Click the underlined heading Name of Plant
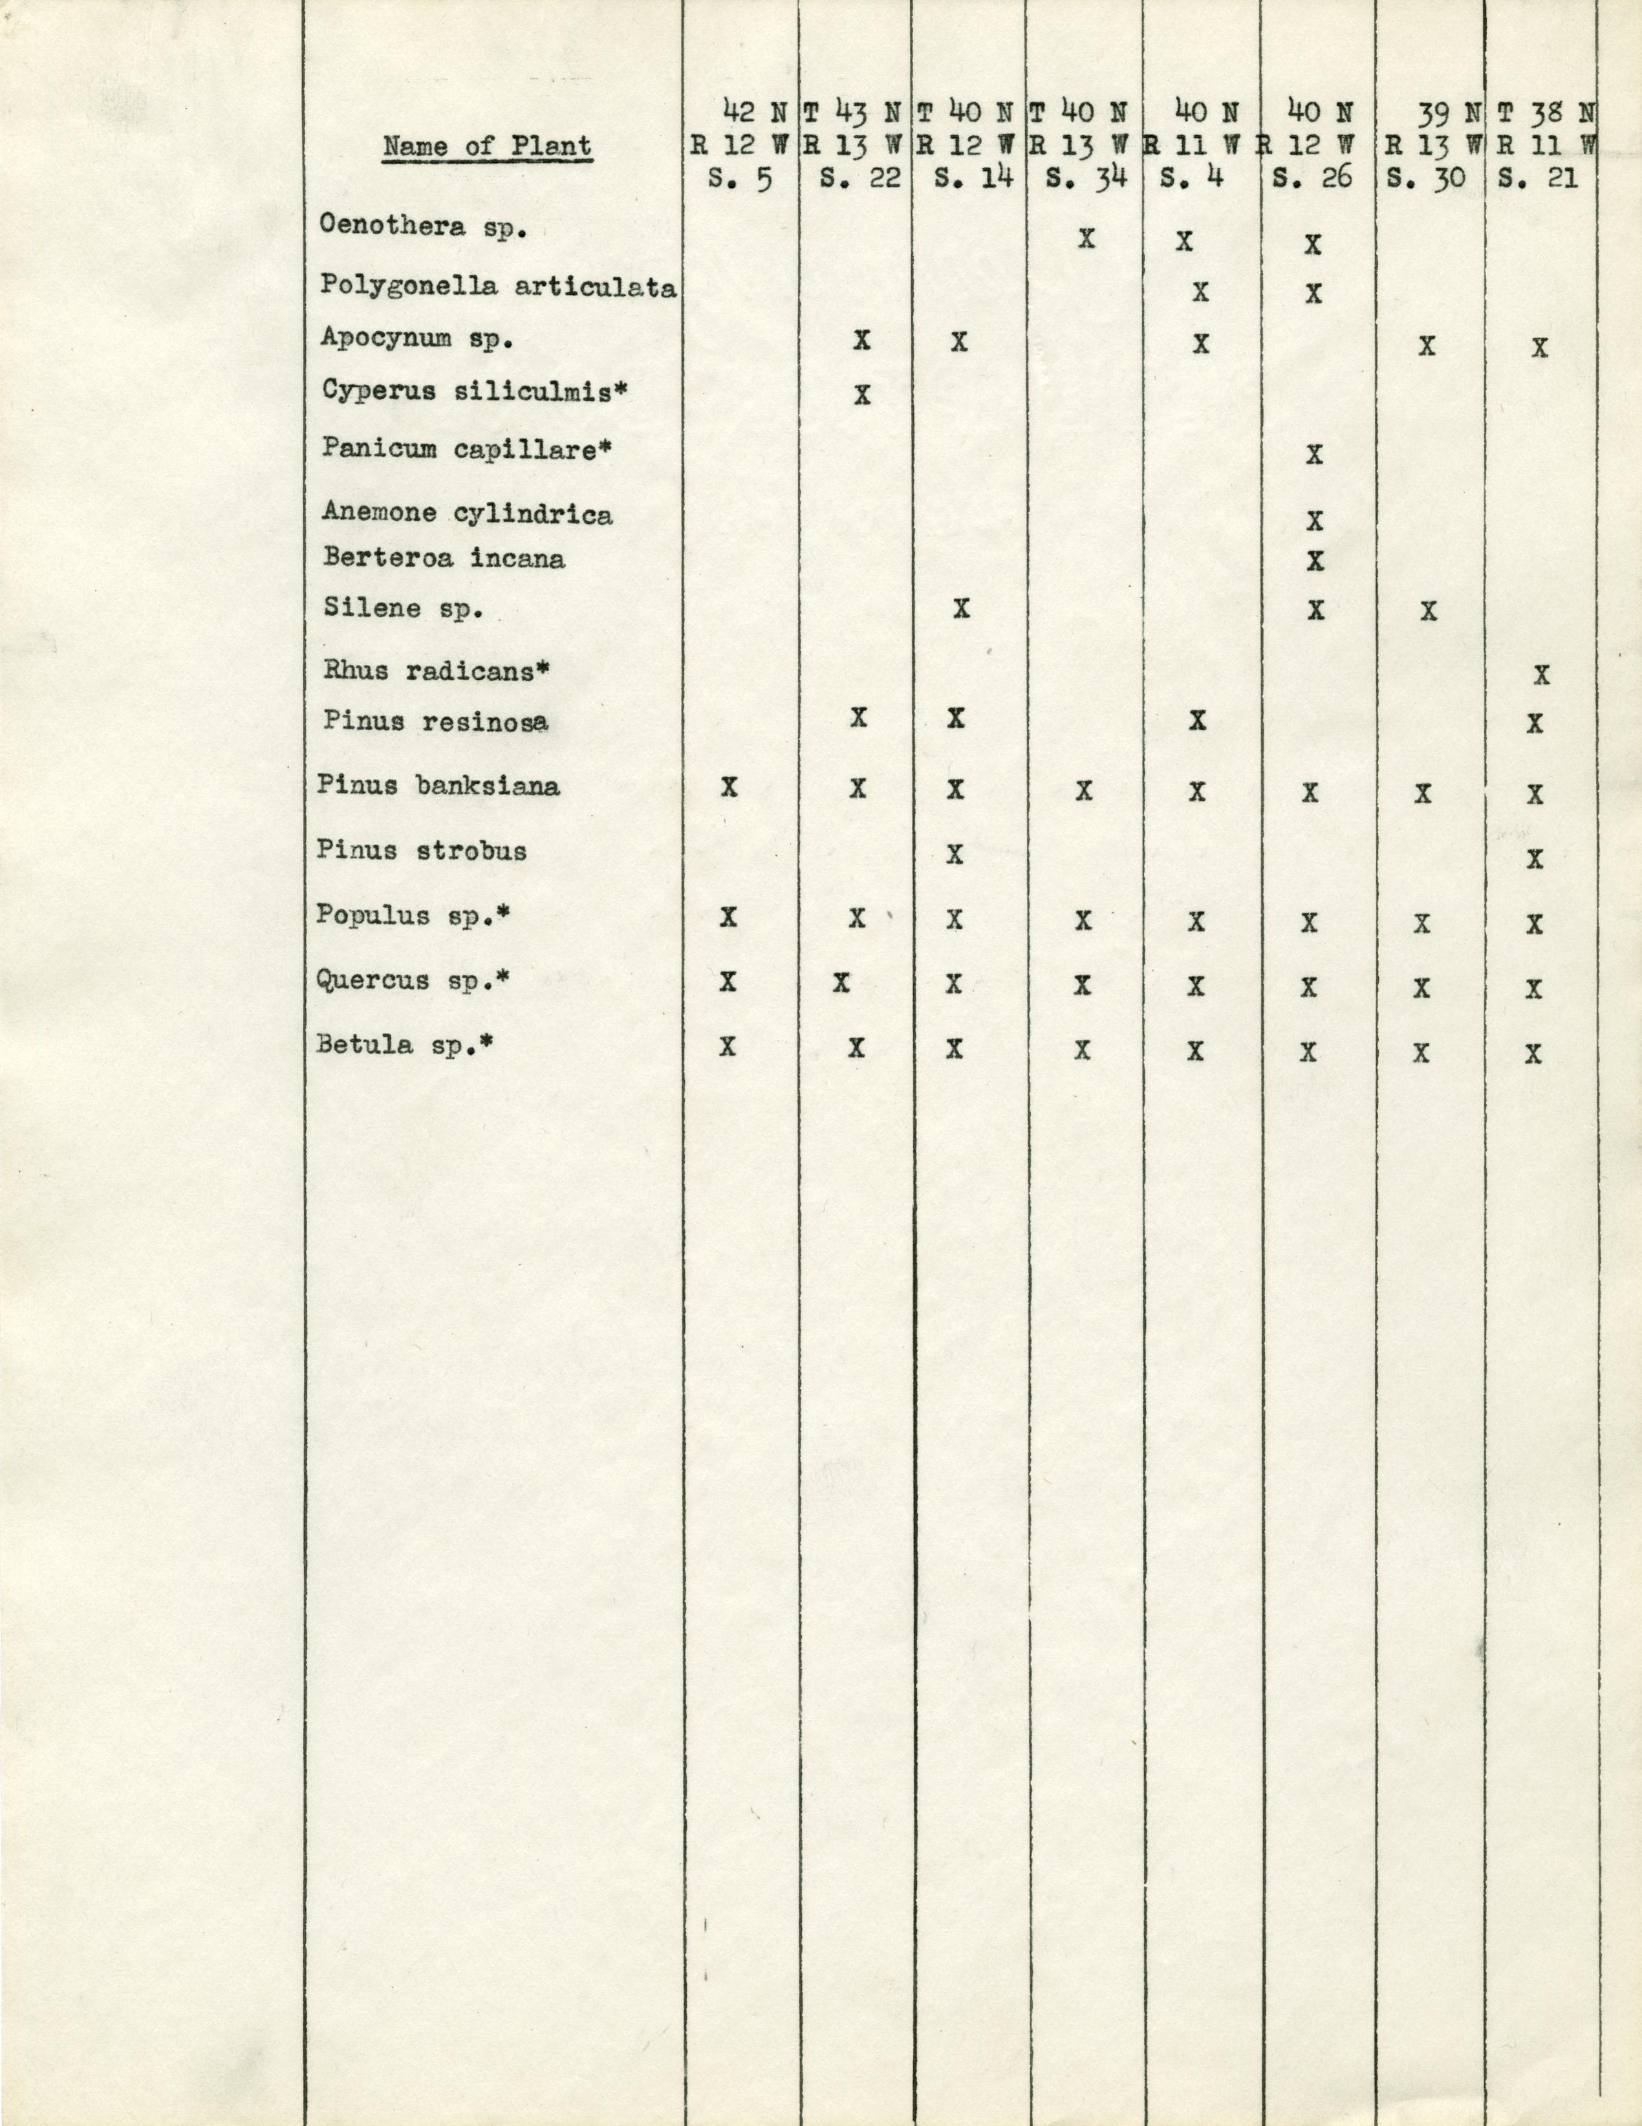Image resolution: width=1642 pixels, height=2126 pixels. tap(487, 147)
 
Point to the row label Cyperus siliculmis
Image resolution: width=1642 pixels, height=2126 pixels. tap(474, 391)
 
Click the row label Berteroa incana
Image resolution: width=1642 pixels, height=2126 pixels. tap(443, 559)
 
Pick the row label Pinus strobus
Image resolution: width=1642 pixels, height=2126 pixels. tap(422, 851)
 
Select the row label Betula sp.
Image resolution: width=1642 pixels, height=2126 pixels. tap(405, 1045)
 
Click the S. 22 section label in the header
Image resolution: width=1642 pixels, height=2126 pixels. tap(858, 180)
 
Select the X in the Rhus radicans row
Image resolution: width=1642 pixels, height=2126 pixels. tap(1540, 675)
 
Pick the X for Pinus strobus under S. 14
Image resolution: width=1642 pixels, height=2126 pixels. tap(955, 854)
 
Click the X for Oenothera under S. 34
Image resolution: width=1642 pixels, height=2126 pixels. tap(1086, 239)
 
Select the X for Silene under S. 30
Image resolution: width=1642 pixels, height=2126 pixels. tap(1428, 611)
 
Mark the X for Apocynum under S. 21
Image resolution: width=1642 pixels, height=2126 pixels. tap(1539, 347)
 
